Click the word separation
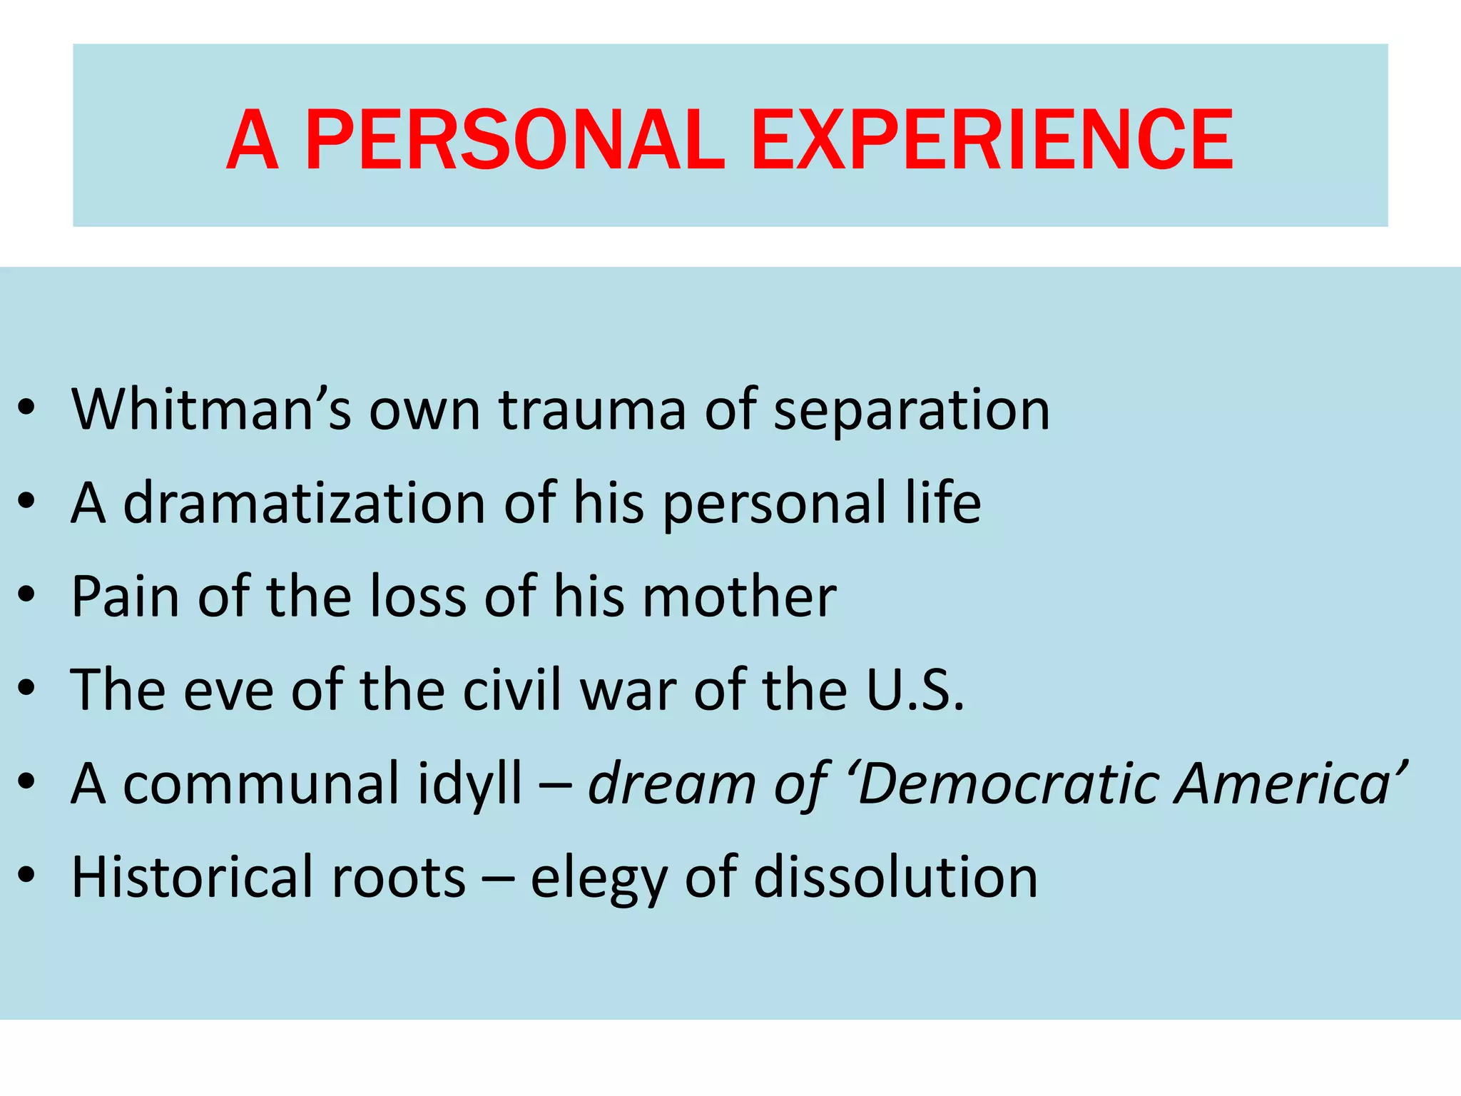tap(912, 411)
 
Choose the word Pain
tap(126, 597)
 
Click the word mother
tap(739, 597)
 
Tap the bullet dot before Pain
tap(27, 597)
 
